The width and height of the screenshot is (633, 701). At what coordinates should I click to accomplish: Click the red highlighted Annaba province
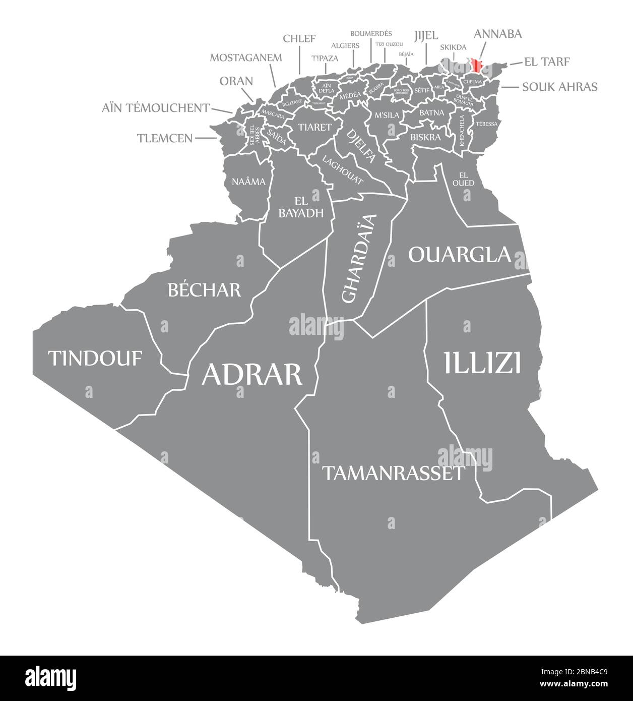point(477,66)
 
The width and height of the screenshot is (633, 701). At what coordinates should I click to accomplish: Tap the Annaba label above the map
point(497,34)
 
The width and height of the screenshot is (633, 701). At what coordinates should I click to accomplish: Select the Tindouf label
point(95,358)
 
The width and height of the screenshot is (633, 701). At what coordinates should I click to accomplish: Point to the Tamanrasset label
point(393,473)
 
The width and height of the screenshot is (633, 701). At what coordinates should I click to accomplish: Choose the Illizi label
point(482,363)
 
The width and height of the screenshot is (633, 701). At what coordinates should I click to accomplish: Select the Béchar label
point(204,289)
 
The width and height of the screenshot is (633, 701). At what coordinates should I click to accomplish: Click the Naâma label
point(248,181)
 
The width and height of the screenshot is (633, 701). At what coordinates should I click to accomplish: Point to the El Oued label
point(463,178)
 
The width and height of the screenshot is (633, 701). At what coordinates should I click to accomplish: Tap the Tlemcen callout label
point(165,138)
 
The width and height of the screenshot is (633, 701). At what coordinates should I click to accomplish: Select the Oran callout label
point(236,81)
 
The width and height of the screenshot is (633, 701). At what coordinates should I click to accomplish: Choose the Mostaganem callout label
point(246,57)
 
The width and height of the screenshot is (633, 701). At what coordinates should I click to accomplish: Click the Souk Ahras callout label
point(559,87)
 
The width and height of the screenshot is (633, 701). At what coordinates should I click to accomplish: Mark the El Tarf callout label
point(547,62)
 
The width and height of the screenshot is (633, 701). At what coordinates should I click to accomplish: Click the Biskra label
point(425,137)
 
